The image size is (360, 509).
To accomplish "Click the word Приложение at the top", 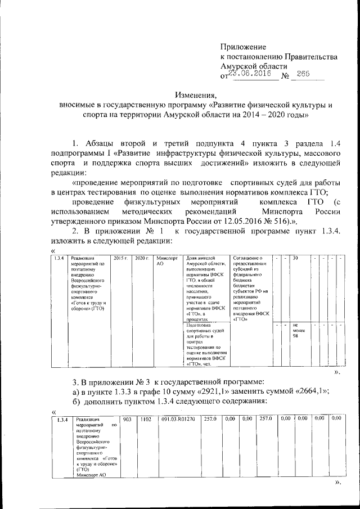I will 243,47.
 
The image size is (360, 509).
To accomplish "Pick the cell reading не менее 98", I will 298,332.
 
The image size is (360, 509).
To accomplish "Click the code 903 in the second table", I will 127,419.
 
